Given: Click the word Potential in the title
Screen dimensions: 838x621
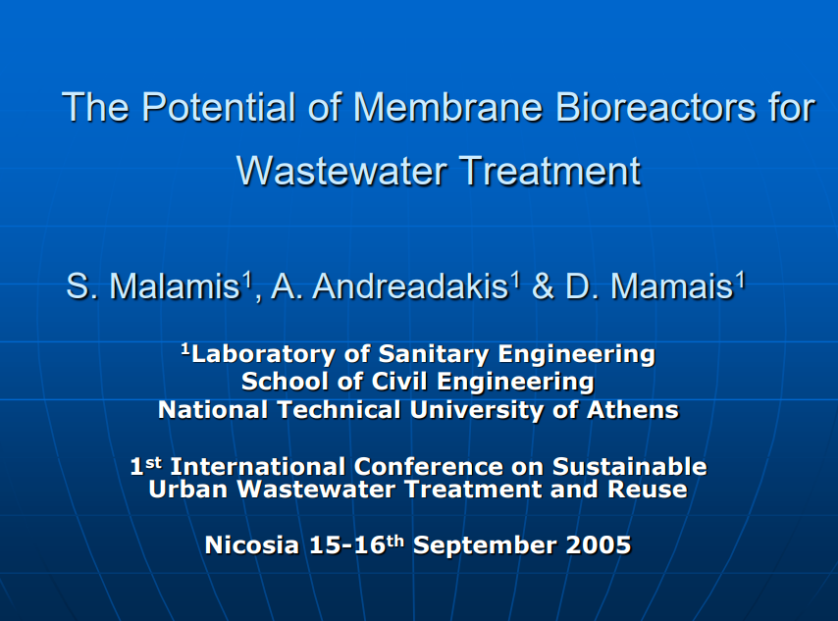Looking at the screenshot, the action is tap(218, 107).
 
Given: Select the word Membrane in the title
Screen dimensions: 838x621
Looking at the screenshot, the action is tap(447, 107).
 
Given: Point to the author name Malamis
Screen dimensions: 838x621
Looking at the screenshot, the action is tap(175, 285).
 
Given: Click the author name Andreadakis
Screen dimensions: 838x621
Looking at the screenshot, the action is tap(410, 285).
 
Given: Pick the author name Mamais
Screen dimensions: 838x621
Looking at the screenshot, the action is tap(672, 285).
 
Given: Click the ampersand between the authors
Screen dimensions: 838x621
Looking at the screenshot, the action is tap(543, 285).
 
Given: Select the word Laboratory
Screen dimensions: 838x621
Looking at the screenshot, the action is tap(264, 355).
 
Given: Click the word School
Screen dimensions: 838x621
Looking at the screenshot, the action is tap(285, 382).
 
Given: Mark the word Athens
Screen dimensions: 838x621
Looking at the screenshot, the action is tap(633, 410).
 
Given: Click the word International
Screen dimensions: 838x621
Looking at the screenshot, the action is tap(258, 467).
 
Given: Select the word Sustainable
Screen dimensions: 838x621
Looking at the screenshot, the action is tap(630, 467).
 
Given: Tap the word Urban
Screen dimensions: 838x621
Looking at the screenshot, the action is tap(188, 489).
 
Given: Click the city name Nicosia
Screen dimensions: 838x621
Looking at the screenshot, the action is tap(252, 545).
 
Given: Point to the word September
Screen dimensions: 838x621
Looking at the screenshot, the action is tap(485, 546).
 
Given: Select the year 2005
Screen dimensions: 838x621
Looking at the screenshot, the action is tap(598, 545).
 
